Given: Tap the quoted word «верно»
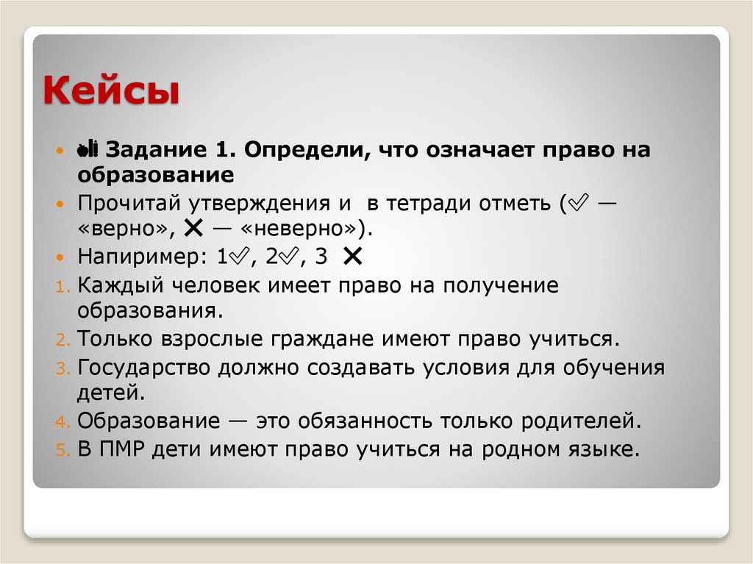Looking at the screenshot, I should point(126,228).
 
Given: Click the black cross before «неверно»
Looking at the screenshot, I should point(195,228).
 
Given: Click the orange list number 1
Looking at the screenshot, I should point(63,287).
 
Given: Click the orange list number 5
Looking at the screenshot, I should point(63,450).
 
